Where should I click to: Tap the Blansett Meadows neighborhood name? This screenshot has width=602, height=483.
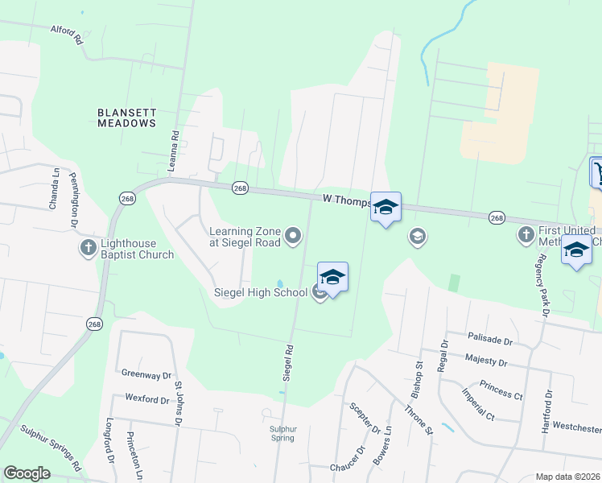pyautogui.click(x=126, y=118)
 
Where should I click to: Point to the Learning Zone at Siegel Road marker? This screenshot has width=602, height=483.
pyautogui.click(x=294, y=236)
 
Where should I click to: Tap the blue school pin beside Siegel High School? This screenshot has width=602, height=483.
pyautogui.click(x=332, y=278)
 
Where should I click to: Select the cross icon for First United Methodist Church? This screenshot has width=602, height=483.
pyautogui.click(x=526, y=234)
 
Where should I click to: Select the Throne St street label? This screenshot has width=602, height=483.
pyautogui.click(x=420, y=422)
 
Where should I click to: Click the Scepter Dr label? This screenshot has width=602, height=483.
pyautogui.click(x=358, y=419)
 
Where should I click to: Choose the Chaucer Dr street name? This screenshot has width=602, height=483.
pyautogui.click(x=348, y=468)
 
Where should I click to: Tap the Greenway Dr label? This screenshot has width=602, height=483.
pyautogui.click(x=146, y=374)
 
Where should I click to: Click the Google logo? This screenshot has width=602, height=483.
pyautogui.click(x=27, y=473)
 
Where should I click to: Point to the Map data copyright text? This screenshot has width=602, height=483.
pyautogui.click(x=567, y=477)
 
